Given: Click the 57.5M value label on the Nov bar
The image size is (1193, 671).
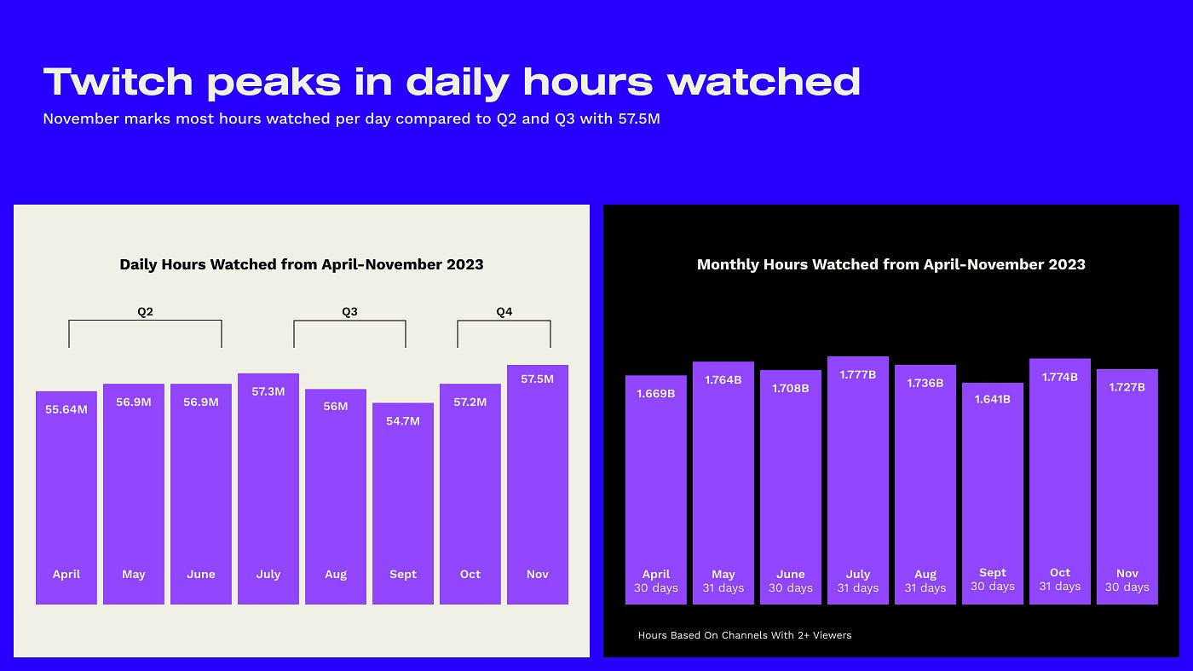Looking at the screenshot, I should pos(537,379).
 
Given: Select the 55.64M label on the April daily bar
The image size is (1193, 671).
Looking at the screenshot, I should pos(66,409).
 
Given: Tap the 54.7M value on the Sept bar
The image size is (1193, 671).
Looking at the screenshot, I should pos(403,421).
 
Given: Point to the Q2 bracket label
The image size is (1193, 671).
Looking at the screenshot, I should pos(145,312).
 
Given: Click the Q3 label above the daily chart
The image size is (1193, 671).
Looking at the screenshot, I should pos(349,312).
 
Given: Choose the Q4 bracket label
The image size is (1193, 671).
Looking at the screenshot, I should pos(504,312).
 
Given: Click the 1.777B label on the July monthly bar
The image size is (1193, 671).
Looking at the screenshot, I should pos(857,374).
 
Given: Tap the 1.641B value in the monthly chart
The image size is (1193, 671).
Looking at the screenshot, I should pos(993,399).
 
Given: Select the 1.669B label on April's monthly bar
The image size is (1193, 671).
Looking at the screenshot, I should pos(655,393).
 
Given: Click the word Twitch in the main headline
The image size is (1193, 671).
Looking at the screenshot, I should pos(118,82).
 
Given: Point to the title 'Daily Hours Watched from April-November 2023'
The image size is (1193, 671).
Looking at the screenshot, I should pos(302,264).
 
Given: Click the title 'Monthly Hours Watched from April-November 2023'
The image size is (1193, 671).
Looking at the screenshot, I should pos(891,264).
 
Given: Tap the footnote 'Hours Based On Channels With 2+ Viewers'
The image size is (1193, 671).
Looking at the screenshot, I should pos(745,635).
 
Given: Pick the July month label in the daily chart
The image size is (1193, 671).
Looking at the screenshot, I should pos(268,575).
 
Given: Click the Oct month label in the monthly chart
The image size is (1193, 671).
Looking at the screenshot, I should pos(1060,573).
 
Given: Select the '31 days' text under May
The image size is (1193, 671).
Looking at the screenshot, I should pos(723,588).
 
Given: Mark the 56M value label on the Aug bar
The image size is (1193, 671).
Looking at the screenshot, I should pos(336,407).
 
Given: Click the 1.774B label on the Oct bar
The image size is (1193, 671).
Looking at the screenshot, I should pos(1060,377).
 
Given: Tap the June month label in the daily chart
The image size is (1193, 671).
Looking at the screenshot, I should pos(201,575).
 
